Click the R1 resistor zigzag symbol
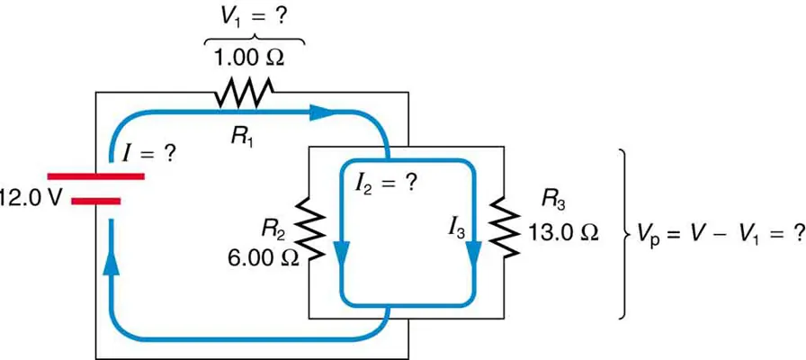tap(243, 92)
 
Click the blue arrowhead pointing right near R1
tap(323, 112)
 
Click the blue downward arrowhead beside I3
tap(471, 250)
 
